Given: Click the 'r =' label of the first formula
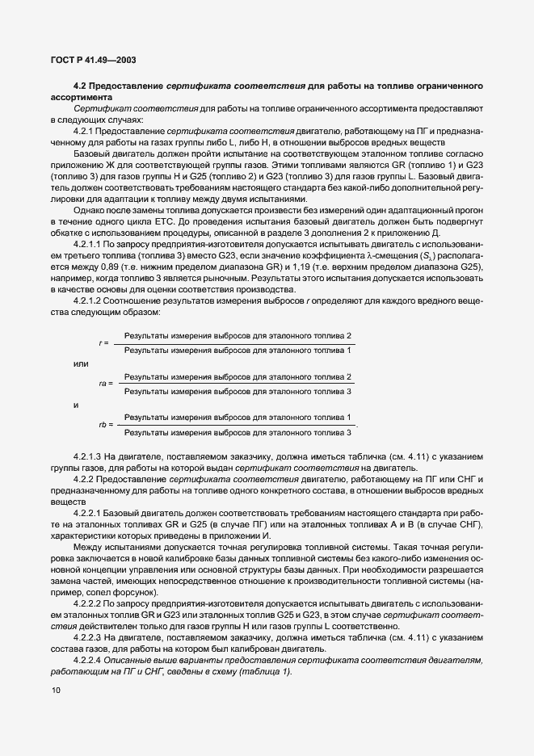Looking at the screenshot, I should tap(103, 342).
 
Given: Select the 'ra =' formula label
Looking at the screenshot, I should tap(106, 384).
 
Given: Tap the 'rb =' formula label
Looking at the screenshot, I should tap(106, 424).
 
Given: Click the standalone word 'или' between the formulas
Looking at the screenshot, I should tap(81, 363).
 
